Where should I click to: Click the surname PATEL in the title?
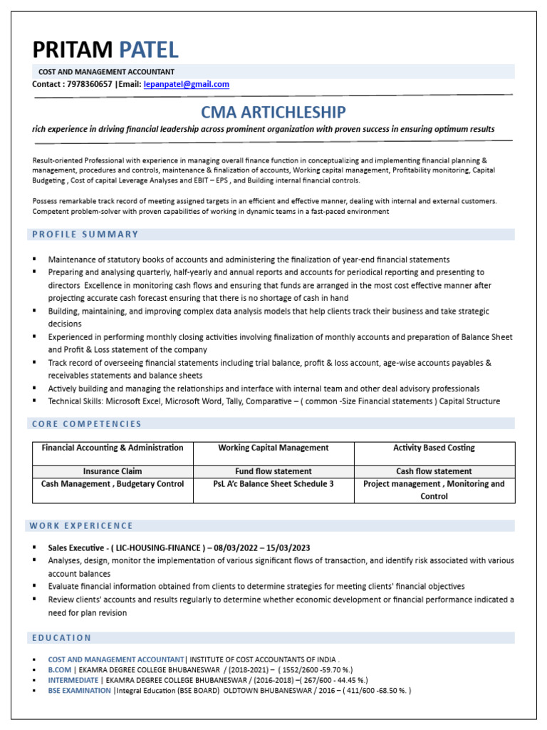(x=148, y=50)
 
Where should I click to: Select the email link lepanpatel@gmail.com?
(x=186, y=84)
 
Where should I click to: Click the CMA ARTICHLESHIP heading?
(x=273, y=112)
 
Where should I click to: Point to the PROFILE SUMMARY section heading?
(x=85, y=235)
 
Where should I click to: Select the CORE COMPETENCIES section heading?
(x=87, y=424)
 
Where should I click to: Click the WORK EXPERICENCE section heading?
(x=81, y=526)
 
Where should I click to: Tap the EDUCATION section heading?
(x=62, y=637)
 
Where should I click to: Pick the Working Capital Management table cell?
(x=273, y=448)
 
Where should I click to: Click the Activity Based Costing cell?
(x=434, y=448)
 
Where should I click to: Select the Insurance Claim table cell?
(x=113, y=471)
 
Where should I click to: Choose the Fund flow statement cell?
(x=273, y=471)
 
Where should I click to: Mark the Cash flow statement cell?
(x=434, y=471)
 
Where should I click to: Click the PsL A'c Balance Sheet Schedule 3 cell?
(x=273, y=484)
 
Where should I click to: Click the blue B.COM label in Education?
(x=59, y=671)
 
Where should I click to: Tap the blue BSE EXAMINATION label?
(x=79, y=691)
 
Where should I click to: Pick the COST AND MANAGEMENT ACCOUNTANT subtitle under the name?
(x=106, y=72)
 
